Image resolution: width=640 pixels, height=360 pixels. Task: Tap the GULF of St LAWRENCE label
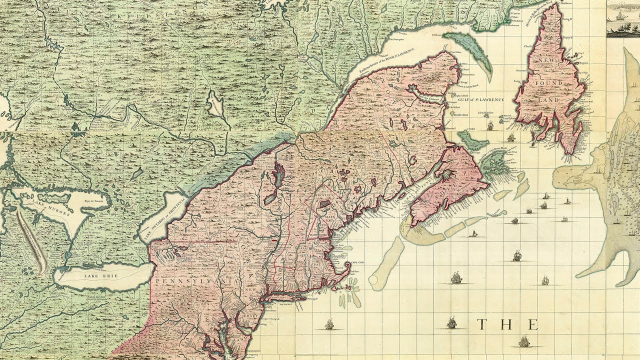480,100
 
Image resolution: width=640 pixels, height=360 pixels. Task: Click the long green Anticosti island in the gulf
466,48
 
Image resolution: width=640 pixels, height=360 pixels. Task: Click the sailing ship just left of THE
452,322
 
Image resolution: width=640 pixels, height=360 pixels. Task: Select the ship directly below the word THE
523,342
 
